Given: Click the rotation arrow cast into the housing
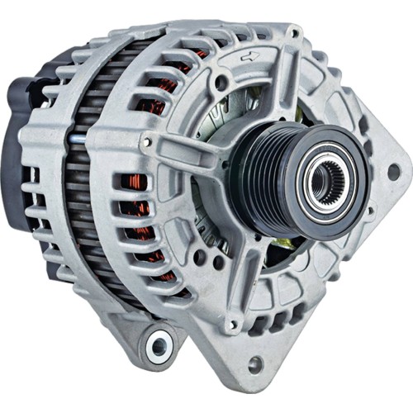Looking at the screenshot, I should pos(246,59).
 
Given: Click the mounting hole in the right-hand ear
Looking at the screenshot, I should pos(393,171).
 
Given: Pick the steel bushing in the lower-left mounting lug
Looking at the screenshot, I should pos(159,346).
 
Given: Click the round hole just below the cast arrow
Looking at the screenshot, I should pos(221,83).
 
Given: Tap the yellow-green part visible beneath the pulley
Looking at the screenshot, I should pos(283,242).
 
